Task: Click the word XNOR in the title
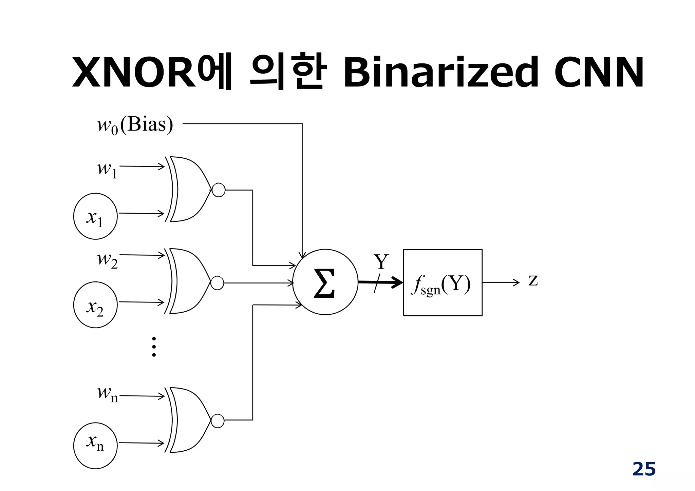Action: [134, 72]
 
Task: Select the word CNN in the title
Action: [599, 72]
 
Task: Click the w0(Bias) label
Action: [135, 125]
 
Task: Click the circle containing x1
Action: [95, 216]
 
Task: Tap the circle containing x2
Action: [95, 305]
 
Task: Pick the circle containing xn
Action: [95, 446]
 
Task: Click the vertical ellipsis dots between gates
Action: [154, 347]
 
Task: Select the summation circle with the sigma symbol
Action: [325, 282]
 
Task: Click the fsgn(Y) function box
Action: [443, 283]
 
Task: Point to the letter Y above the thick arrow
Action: [381, 261]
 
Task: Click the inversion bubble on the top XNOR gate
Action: [218, 190]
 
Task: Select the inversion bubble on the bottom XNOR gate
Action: [218, 421]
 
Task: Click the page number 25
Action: [644, 469]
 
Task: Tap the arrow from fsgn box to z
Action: [501, 282]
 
